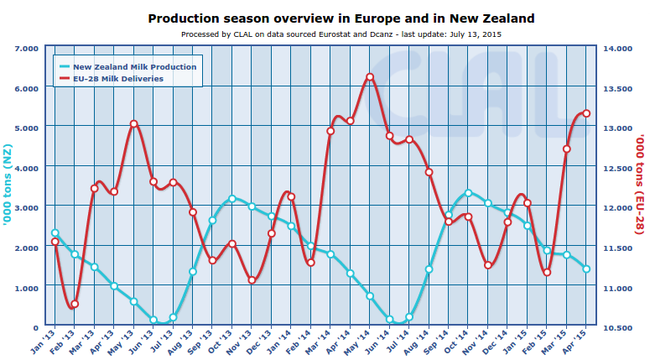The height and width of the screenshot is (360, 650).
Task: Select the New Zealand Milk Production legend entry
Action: point(134,66)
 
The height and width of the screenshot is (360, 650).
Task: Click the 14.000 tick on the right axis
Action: point(617,49)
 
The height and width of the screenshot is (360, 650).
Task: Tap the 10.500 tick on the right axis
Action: point(617,327)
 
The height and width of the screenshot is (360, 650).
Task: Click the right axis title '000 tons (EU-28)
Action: point(640,188)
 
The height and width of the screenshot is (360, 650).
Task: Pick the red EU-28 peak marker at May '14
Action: point(370,78)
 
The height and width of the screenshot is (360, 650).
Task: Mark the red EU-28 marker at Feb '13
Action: point(75,305)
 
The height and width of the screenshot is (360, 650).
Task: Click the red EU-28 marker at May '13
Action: point(134,124)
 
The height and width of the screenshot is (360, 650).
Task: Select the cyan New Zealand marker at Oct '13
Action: point(232,199)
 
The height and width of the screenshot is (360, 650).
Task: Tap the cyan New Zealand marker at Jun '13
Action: point(153,320)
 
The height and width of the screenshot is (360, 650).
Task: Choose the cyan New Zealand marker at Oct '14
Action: point(468,193)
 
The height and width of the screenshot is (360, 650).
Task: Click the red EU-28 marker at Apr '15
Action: point(586,113)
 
